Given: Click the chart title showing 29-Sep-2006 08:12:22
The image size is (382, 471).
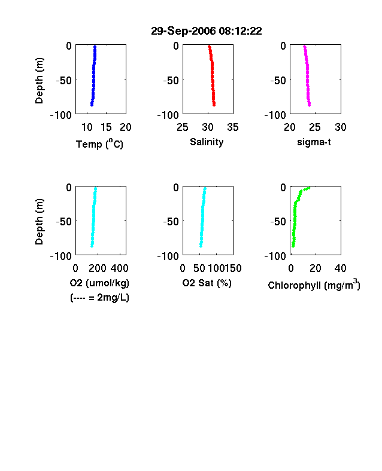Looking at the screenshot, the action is click(x=207, y=31).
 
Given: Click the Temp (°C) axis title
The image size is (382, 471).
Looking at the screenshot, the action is click(x=99, y=144).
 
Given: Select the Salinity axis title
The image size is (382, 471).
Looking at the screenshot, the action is click(x=207, y=142).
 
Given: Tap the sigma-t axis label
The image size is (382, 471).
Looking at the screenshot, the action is click(x=314, y=142).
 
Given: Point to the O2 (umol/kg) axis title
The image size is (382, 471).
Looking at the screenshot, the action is click(x=99, y=283).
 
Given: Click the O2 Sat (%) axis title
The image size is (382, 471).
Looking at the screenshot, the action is click(x=207, y=283).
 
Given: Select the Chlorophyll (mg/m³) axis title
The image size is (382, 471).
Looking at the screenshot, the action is click(x=314, y=285).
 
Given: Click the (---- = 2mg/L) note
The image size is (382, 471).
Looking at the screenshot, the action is click(x=99, y=298).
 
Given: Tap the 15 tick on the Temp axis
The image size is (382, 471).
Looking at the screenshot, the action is click(x=106, y=127).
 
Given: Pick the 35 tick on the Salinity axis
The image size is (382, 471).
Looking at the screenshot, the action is click(x=233, y=127).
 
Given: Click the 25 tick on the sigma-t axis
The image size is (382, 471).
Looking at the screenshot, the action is click(x=314, y=127).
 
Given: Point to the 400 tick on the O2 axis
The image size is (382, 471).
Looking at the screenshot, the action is click(x=119, y=268).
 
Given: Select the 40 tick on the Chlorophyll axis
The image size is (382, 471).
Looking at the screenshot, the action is click(x=340, y=268).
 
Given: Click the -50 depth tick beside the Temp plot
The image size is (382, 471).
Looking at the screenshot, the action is click(x=64, y=81).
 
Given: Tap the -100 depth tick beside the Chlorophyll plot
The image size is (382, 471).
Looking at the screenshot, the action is click(x=275, y=256).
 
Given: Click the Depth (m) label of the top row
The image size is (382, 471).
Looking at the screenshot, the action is click(x=39, y=81).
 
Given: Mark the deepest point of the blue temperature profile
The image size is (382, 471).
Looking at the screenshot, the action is click(x=92, y=105).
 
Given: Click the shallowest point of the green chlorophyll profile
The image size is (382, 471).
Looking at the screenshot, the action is click(x=309, y=188).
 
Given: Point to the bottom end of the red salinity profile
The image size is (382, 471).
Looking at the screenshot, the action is click(x=214, y=105).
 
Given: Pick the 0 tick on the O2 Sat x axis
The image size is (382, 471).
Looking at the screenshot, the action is click(x=183, y=268).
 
